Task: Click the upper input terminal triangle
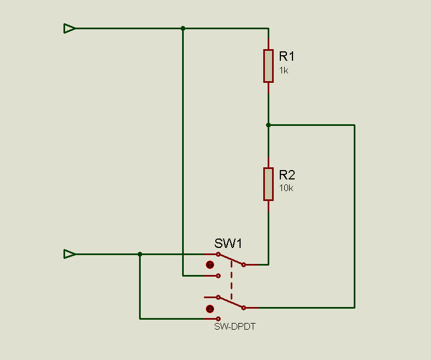[69, 28]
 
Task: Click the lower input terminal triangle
[69, 254]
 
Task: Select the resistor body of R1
[268, 66]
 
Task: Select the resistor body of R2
[268, 184]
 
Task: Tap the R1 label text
[287, 56]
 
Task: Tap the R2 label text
[287, 175]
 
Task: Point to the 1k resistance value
[284, 71]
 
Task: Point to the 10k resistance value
[286, 188]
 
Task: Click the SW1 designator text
[228, 243]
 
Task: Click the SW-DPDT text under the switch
[235, 326]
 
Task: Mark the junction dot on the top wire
[183, 28]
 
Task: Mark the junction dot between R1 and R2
[268, 125]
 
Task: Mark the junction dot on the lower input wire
[140, 254]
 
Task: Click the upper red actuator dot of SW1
[210, 265]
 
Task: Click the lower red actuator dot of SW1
[210, 309]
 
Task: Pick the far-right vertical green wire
[354, 215]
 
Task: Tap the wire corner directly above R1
[268, 28]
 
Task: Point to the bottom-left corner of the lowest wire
[140, 319]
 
